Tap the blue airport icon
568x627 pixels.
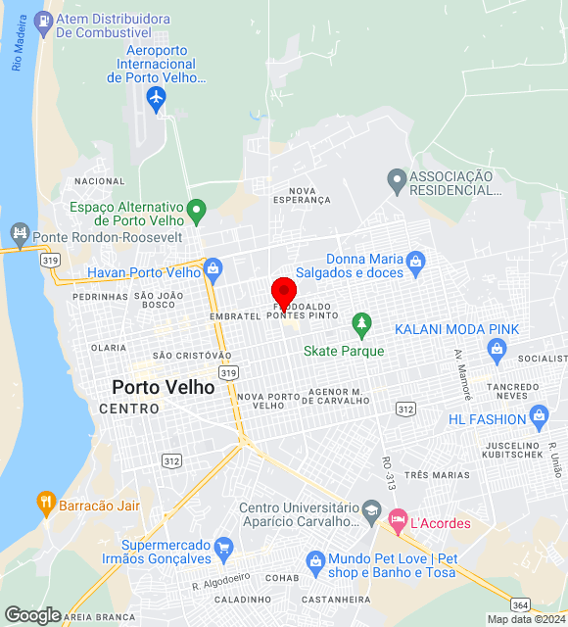[156, 98]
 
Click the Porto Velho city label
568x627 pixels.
[164, 387]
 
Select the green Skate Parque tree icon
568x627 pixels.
[362, 322]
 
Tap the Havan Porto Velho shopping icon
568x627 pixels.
[213, 267]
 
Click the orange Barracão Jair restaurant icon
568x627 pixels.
[45, 506]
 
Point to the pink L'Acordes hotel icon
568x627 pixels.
[397, 522]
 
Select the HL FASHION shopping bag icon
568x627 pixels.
[538, 419]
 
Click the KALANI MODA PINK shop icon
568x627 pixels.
[497, 349]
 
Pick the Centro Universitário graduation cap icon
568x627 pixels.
[371, 508]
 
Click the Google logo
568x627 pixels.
[32, 614]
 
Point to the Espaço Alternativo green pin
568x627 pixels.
[196, 209]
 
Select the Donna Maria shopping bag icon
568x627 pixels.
[416, 261]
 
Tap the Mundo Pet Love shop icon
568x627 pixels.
[314, 561]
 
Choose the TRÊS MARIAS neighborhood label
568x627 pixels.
[437, 475]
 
